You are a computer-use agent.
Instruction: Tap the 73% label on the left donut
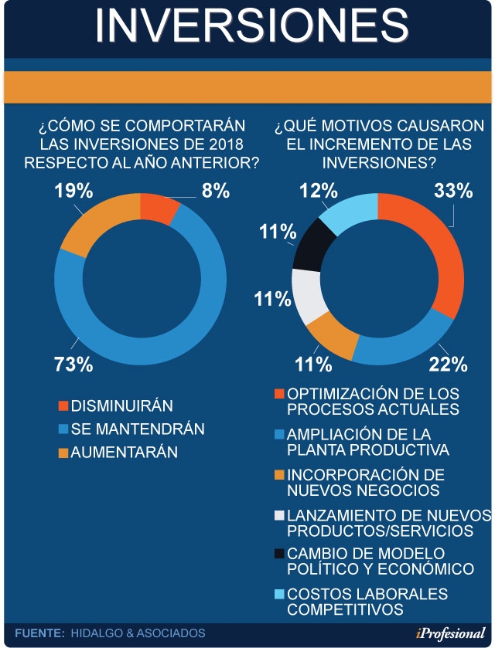tap(73, 364)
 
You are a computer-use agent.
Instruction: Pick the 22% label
tap(449, 364)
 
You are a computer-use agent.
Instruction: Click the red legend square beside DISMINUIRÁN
tap(63, 405)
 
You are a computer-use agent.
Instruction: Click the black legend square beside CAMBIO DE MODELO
tap(280, 553)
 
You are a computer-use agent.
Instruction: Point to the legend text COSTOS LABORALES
tap(367, 594)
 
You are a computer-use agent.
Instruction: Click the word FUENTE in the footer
tap(39, 633)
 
